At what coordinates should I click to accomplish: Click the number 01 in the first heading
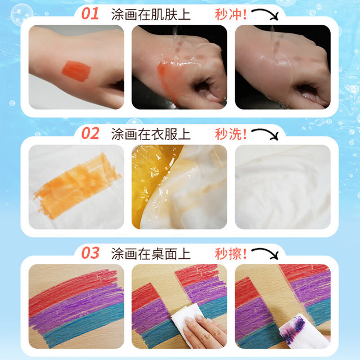[x=90, y=13]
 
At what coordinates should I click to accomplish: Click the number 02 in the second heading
[x=90, y=133]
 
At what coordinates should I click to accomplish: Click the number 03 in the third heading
[x=90, y=253]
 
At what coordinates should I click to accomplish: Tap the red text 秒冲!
[x=231, y=15]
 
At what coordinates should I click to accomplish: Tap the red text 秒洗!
[x=231, y=134]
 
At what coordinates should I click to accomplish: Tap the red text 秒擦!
[x=231, y=254]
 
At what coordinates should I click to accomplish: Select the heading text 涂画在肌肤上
[x=151, y=15]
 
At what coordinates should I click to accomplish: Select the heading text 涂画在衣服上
[x=151, y=134]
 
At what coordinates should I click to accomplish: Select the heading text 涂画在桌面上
[x=151, y=254]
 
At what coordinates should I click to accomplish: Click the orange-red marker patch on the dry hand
[x=76, y=71]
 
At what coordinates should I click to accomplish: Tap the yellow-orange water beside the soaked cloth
[x=147, y=179]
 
